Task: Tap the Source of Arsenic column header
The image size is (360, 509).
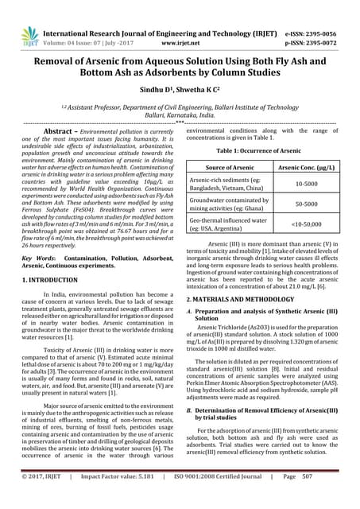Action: click(229, 167)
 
